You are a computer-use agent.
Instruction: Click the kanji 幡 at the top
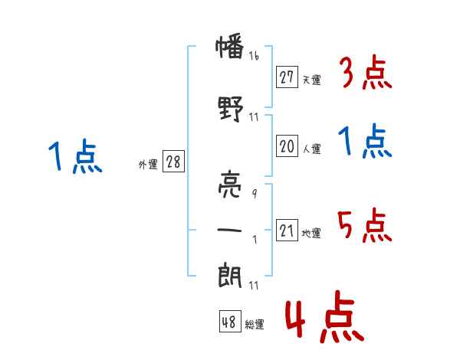tap(230, 46)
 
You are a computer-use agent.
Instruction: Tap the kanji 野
tap(231, 109)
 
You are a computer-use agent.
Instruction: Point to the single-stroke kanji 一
tap(229, 230)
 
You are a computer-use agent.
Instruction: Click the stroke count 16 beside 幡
tap(254, 56)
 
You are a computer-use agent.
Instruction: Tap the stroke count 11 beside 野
tap(254, 117)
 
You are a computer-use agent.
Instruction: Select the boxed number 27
tap(287, 77)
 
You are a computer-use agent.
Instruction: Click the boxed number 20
tap(287, 146)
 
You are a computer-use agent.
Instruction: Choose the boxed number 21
tap(287, 230)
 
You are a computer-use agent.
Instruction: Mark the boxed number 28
tap(173, 162)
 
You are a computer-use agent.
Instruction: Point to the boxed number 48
tap(230, 321)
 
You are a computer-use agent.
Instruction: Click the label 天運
tap(312, 80)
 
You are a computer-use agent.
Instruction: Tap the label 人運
tap(312, 149)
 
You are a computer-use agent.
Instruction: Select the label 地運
tap(311, 233)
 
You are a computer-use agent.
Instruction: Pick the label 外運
tap(148, 165)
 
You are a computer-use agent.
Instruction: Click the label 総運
tap(255, 324)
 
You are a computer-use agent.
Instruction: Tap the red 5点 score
tap(364, 225)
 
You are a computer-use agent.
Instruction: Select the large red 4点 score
tap(325, 317)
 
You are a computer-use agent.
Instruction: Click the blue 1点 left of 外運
tap(75, 156)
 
